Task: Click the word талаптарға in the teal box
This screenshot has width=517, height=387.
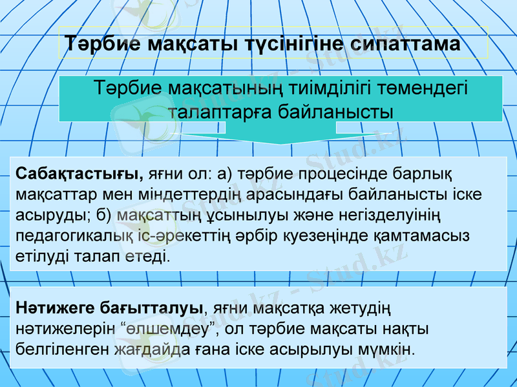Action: (x=217, y=112)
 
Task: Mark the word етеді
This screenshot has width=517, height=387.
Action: (x=148, y=256)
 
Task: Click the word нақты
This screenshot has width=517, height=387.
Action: (x=406, y=329)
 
